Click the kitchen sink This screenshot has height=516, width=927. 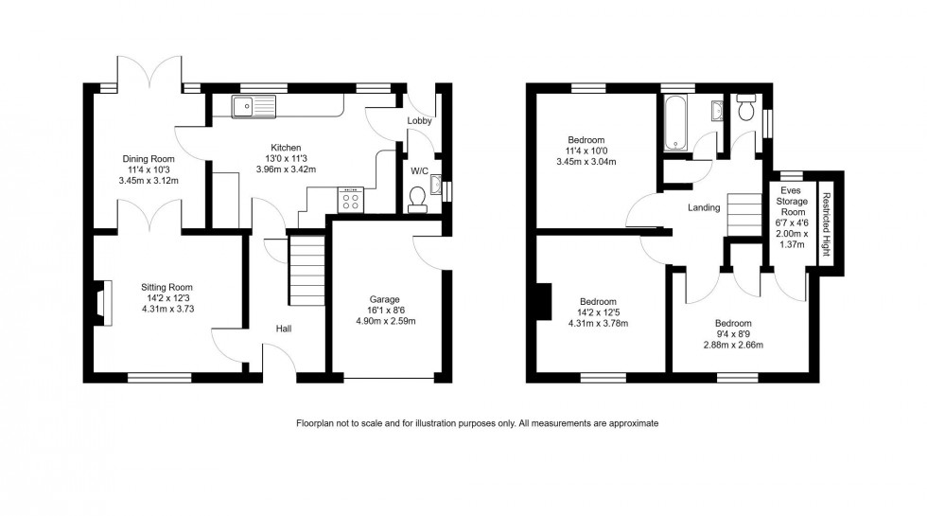(253, 106)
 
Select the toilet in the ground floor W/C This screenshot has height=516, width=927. (415, 197)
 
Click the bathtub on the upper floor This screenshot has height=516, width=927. (677, 123)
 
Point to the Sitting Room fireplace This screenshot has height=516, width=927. (100, 302)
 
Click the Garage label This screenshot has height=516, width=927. (384, 298)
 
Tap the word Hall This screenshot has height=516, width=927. (283, 329)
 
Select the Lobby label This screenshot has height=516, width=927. (419, 121)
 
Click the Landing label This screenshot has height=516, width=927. (705, 208)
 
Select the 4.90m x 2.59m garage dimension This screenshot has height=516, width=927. (384, 321)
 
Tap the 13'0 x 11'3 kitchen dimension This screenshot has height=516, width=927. (286, 159)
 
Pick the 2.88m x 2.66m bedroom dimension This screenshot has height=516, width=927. (732, 345)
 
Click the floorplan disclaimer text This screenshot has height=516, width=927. (477, 423)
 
